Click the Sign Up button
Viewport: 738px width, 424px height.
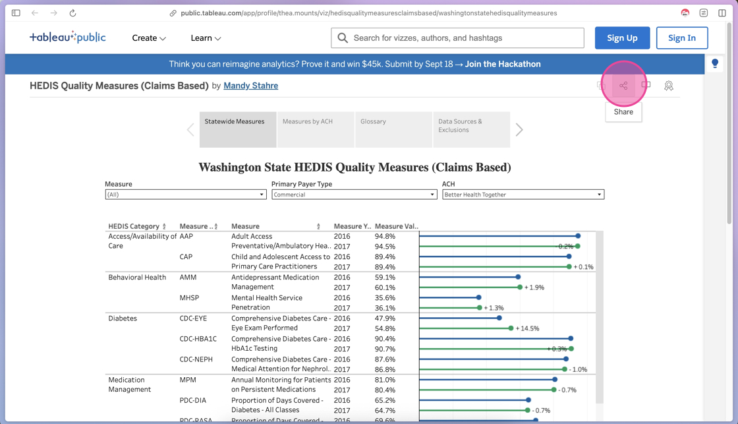pos(622,38)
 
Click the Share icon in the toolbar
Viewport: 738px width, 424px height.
pos(623,86)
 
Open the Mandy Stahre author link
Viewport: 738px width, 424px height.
pos(250,86)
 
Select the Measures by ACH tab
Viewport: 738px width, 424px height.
pos(316,129)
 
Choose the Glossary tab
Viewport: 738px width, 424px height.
pos(393,129)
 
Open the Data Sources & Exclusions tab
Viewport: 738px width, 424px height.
pos(471,129)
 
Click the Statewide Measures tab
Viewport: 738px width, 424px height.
pos(238,129)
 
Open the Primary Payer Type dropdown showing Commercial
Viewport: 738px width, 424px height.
pos(354,195)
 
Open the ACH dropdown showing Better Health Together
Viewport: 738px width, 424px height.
pos(523,195)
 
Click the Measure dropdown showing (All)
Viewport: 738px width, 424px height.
pos(185,195)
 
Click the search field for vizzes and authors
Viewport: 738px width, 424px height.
pos(457,38)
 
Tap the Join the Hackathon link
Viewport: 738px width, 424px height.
pos(503,64)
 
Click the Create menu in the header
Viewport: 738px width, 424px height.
pos(149,38)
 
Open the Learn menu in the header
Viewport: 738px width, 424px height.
pos(206,38)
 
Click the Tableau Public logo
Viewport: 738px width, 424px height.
pos(67,38)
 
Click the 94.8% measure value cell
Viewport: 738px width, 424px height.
pos(385,236)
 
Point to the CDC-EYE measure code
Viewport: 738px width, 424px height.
pos(193,318)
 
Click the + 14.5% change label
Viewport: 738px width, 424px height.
pos(528,328)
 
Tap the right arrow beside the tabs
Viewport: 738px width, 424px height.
pos(519,130)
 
